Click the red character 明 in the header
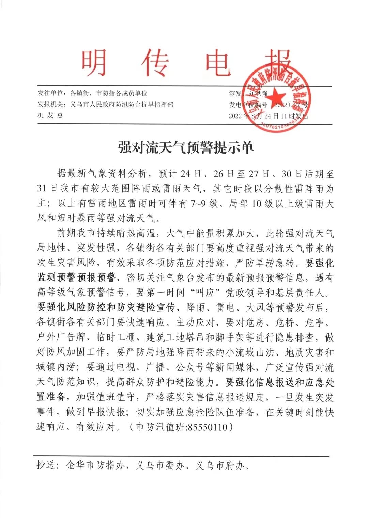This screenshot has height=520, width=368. pyautogui.click(x=94, y=63)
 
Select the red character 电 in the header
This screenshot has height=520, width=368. pyautogui.click(x=218, y=63)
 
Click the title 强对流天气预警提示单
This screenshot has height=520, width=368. pyautogui.click(x=186, y=148)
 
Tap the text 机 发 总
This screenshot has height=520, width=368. pyautogui.click(x=50, y=115)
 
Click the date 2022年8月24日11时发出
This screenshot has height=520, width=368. pyautogui.click(x=268, y=116)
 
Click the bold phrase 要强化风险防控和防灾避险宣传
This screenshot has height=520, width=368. pyautogui.click(x=106, y=308)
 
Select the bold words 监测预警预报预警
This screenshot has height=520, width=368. pyautogui.click(x=76, y=278)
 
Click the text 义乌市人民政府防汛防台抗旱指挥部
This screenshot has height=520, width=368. pyautogui.click(x=122, y=104)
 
